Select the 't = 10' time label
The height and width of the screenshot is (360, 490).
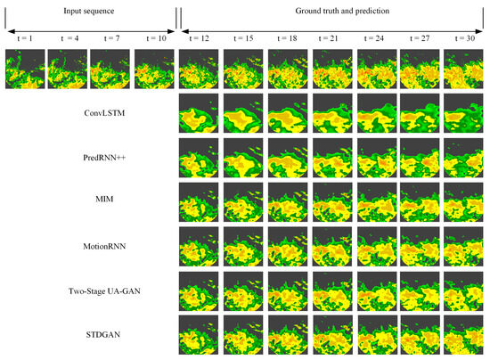point(153,38)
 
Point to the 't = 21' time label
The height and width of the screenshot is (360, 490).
point(331,38)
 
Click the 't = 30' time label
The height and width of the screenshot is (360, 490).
point(463,38)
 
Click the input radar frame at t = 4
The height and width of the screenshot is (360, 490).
point(66,70)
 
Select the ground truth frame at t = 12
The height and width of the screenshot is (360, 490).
point(199,70)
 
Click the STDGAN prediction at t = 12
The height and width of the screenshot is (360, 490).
point(199,336)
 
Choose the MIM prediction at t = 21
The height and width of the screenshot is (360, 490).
point(331,202)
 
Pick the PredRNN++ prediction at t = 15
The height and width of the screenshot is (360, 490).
point(242,158)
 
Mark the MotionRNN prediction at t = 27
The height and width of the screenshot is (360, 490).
point(420,247)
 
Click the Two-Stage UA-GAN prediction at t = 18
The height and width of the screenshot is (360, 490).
point(287,291)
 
